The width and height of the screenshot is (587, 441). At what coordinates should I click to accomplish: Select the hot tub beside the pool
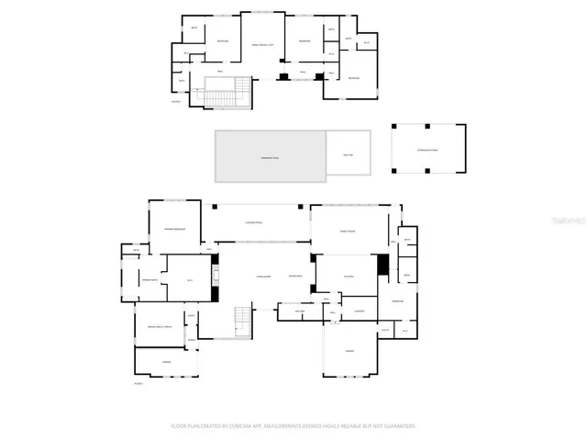pyautogui.click(x=349, y=153)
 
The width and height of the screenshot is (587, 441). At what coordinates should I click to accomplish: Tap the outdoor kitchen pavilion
pyautogui.click(x=428, y=149)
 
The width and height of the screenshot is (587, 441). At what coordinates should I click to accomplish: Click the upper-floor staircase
pyautogui.click(x=227, y=92)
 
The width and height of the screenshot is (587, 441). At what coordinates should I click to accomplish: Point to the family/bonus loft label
pyautogui.click(x=263, y=45)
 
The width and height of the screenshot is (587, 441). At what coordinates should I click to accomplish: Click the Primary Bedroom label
pyautogui.click(x=175, y=229)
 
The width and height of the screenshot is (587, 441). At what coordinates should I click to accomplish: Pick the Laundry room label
pyautogui.click(x=360, y=311)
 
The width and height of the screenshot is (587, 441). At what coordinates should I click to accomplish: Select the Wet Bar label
pyautogui.click(x=299, y=311)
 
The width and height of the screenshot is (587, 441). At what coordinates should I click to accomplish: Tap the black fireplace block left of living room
pyautogui.click(x=215, y=294)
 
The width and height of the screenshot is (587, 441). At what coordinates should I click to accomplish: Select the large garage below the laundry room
pyautogui.click(x=349, y=353)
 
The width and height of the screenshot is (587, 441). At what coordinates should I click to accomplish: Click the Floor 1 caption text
pyautogui.click(x=139, y=382)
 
